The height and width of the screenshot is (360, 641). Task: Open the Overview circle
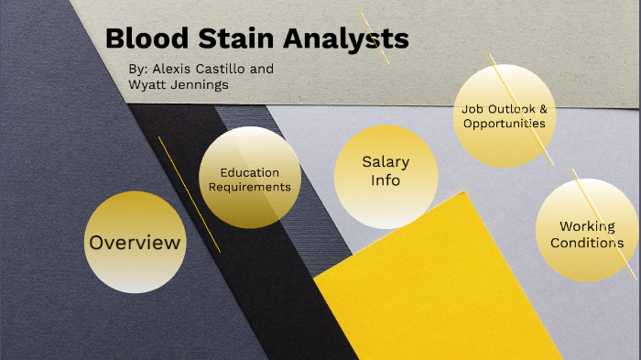[134, 243]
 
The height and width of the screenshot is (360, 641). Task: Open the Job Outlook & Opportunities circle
[504, 115]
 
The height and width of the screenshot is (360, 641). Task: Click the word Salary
[386, 162]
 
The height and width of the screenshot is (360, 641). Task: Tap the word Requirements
[250, 187]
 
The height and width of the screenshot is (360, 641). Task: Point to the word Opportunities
[505, 123]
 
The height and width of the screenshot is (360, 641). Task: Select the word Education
[250, 172]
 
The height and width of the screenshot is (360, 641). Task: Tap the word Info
[386, 180]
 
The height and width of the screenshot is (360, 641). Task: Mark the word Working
[587, 226]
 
